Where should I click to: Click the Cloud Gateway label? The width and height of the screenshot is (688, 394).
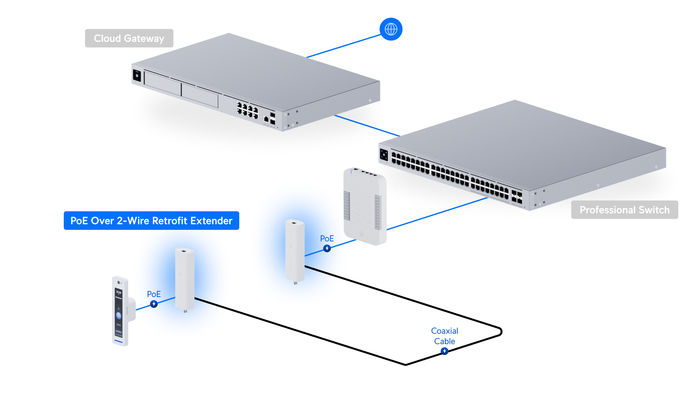click(x=129, y=38)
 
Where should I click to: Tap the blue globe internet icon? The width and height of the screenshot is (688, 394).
click(x=391, y=29)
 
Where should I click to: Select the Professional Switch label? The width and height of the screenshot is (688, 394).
click(x=624, y=210)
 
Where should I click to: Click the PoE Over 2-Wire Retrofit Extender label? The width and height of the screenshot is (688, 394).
click(x=151, y=221)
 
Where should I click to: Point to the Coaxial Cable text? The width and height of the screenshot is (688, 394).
click(x=444, y=336)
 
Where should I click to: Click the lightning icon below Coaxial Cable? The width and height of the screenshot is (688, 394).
click(x=444, y=351)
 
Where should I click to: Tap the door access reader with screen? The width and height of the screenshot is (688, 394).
click(x=121, y=311)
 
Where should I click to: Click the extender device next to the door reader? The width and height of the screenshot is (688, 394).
click(x=184, y=279)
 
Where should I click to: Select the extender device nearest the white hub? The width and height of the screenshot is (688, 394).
click(x=295, y=251)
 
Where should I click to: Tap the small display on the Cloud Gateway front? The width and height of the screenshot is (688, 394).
click(x=137, y=75)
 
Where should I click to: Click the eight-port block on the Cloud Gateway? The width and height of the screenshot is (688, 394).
click(x=247, y=110)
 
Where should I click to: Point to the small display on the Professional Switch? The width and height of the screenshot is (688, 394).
click(x=384, y=155)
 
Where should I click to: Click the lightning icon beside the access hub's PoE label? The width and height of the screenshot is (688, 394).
click(x=327, y=248)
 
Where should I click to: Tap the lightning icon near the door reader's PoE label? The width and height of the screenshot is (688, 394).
click(x=154, y=304)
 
